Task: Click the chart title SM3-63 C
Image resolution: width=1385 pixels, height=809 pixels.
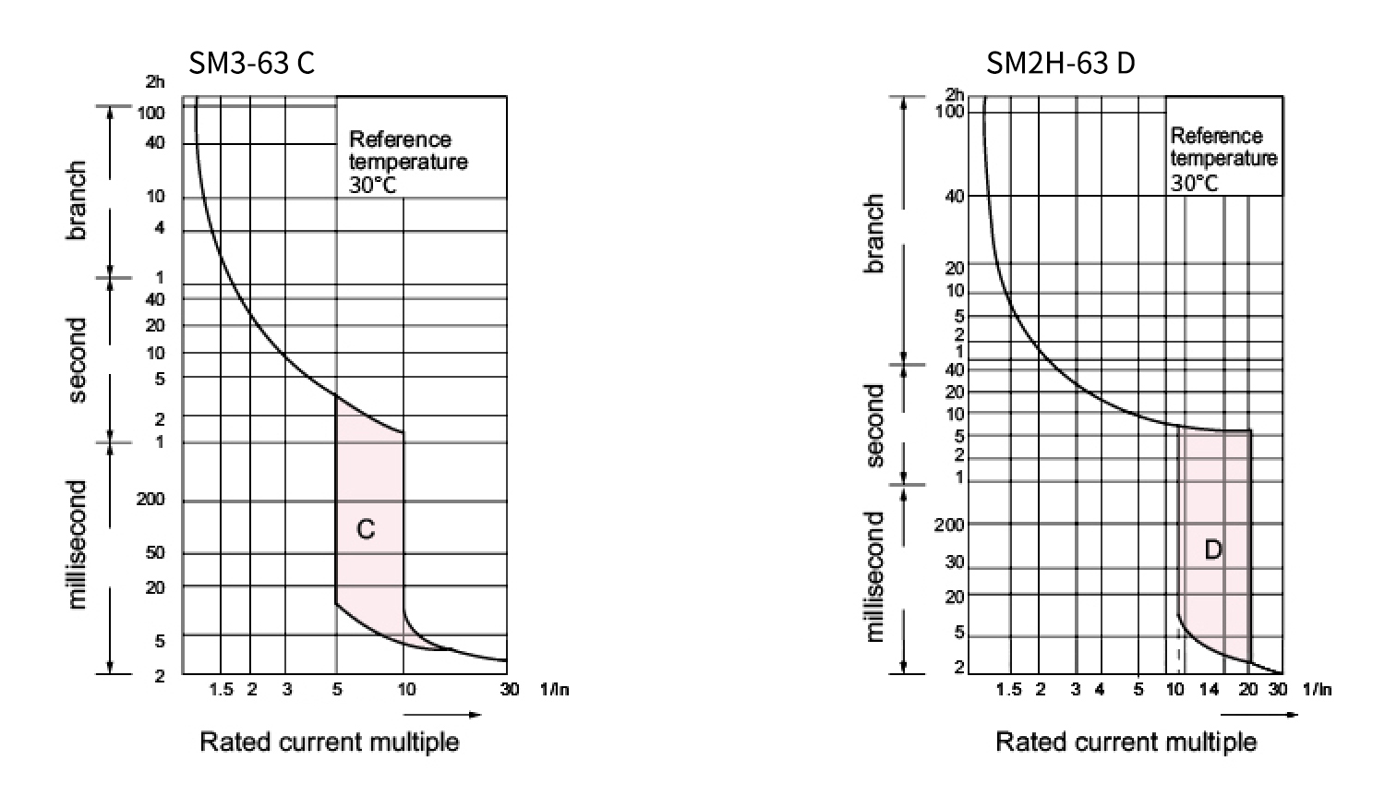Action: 251,63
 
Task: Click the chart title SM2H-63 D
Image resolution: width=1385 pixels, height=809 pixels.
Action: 1061,63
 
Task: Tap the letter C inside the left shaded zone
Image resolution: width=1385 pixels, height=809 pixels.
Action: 366,529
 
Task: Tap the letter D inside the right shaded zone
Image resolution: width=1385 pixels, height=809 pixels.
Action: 1213,550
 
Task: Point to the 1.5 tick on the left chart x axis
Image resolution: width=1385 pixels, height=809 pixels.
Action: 221,689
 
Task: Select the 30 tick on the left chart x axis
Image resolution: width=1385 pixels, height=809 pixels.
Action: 510,689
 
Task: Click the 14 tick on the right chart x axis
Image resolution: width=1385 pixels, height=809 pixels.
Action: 1210,689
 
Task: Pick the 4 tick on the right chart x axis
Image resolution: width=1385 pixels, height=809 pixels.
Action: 1100,689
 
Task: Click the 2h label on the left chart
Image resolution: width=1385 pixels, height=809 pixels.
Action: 154,82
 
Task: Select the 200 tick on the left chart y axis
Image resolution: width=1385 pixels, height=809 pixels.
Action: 151,500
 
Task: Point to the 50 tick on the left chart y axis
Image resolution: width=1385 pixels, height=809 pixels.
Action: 154,553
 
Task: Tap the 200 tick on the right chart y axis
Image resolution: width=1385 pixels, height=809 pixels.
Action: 949,525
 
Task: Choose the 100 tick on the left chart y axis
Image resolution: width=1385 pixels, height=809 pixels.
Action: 152,113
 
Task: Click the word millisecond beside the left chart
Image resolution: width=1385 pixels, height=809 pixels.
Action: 78,544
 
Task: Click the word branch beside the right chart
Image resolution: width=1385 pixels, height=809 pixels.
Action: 873,234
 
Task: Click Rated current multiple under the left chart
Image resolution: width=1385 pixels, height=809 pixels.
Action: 329,742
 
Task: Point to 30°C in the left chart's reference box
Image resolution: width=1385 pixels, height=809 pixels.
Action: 372,184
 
